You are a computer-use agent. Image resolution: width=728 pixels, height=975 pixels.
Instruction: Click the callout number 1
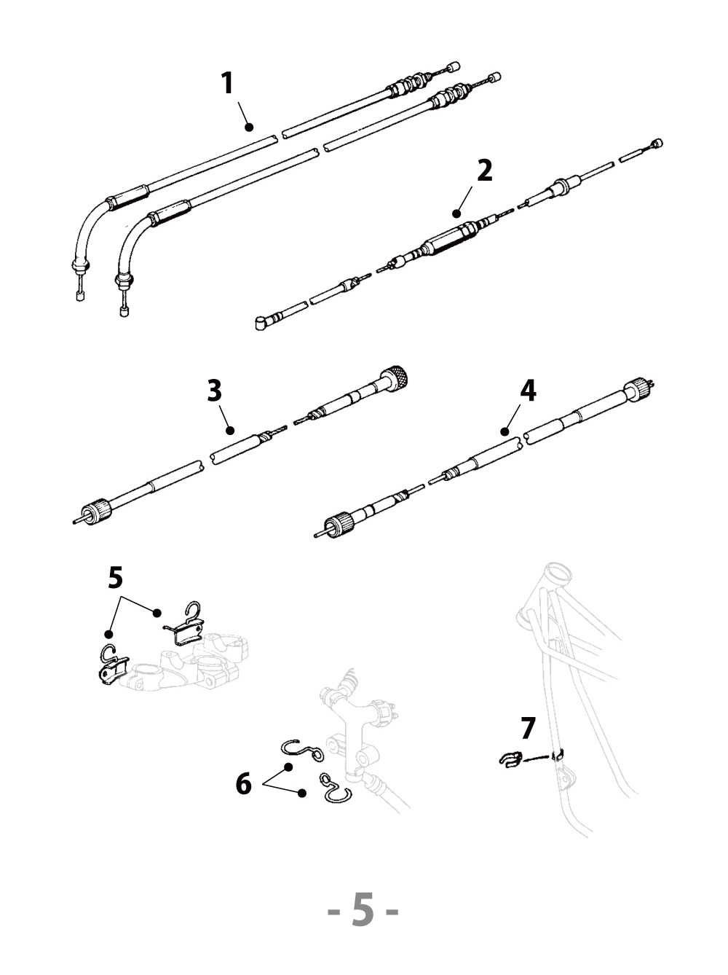227,83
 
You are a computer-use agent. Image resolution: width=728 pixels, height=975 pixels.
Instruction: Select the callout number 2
484,171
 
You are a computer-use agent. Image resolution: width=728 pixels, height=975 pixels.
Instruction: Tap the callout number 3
214,391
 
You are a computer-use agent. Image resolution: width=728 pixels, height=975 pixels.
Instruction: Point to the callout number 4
528,391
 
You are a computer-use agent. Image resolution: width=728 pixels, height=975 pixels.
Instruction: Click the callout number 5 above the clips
115,578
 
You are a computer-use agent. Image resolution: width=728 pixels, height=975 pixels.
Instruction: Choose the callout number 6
243,784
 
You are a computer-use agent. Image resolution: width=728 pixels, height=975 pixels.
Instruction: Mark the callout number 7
528,728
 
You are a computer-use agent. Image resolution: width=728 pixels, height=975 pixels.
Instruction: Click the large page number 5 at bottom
363,910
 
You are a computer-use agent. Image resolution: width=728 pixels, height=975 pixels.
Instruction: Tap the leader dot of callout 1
249,127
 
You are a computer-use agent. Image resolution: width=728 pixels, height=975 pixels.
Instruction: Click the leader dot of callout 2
456,214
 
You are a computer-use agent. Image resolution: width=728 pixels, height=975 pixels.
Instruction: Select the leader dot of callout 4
504,432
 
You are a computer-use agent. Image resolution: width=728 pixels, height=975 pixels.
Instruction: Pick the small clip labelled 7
512,759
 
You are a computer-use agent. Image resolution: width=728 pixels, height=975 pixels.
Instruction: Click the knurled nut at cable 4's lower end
338,525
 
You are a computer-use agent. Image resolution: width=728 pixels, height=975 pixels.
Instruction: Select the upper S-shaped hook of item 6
301,750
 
